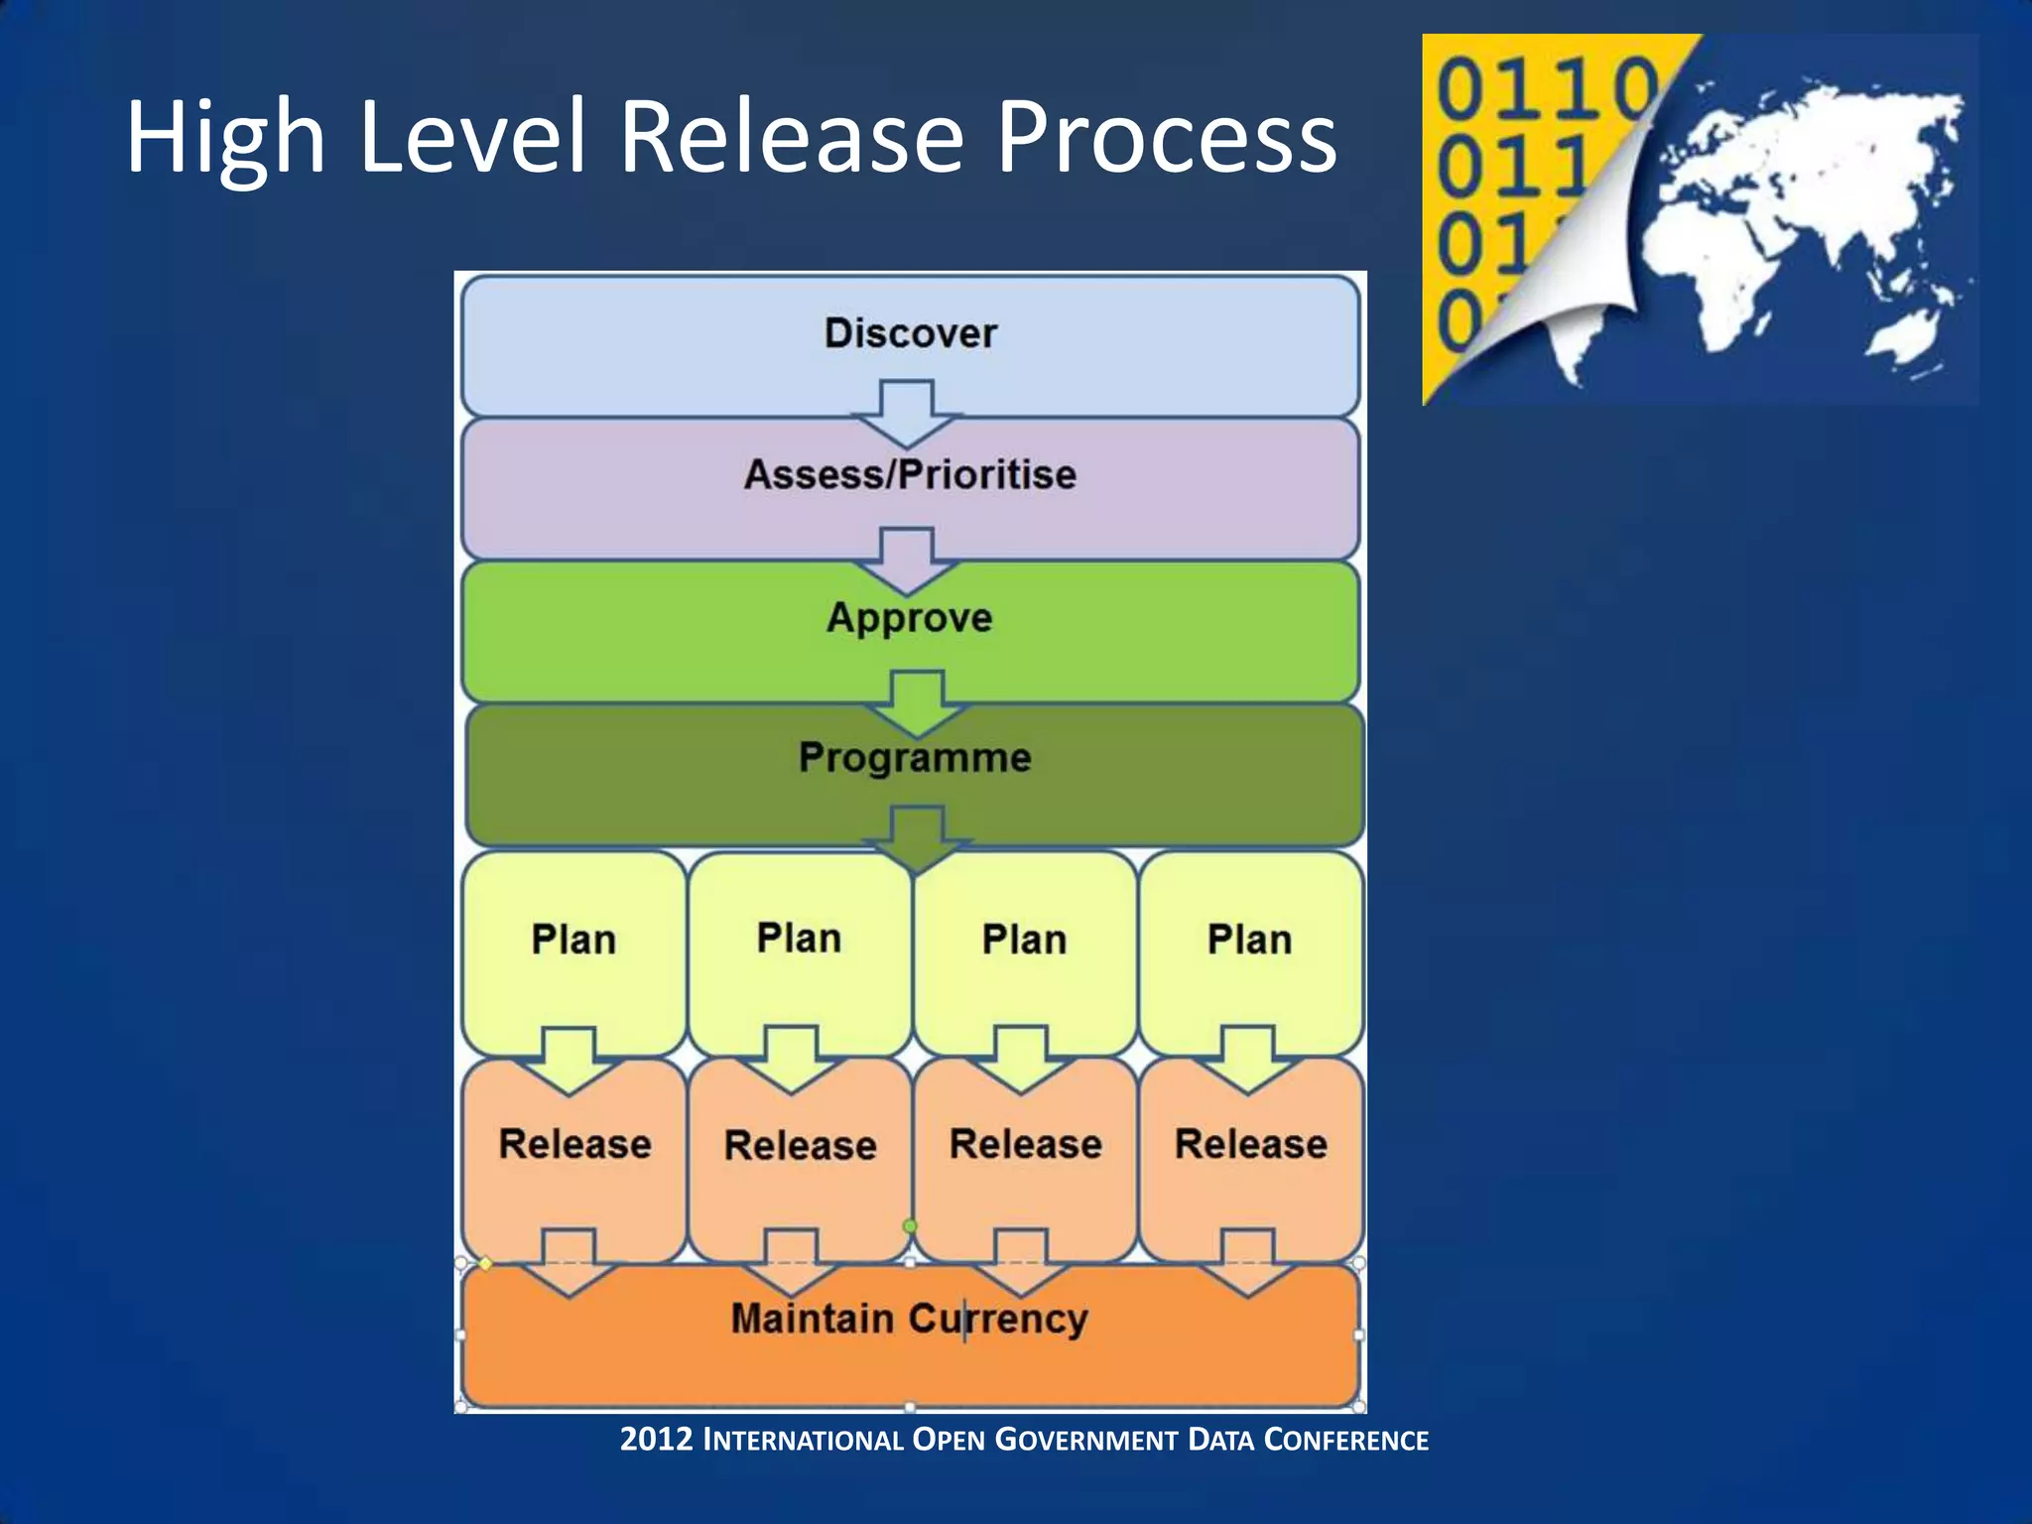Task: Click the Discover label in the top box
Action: click(910, 333)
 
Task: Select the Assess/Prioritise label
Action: click(910, 474)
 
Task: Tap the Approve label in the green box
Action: click(910, 617)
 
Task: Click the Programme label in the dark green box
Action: click(915, 758)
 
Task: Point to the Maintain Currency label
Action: click(910, 1319)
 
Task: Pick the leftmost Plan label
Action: click(573, 940)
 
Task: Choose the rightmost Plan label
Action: click(1249, 940)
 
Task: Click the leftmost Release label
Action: click(574, 1144)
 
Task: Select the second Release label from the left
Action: click(800, 1146)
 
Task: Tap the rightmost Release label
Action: click(1250, 1144)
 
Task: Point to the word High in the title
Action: click(225, 139)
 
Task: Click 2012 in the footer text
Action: click(655, 1439)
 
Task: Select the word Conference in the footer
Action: click(1345, 1440)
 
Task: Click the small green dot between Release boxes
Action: click(909, 1227)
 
